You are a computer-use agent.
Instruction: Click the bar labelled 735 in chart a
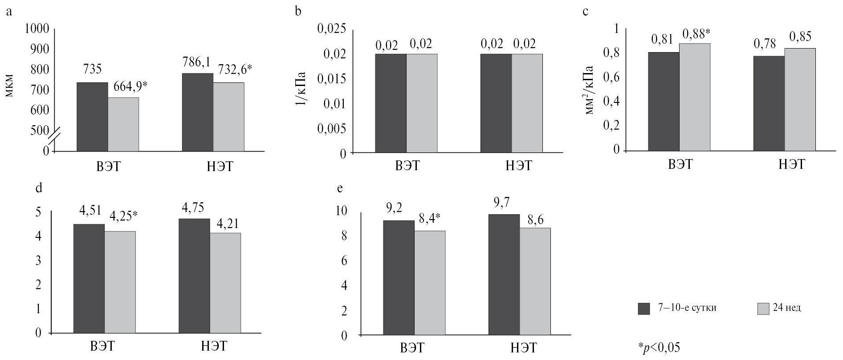point(92,117)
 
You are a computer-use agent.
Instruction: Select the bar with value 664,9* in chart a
point(123,124)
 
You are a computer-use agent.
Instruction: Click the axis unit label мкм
point(10,89)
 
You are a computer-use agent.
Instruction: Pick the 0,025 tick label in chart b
point(331,29)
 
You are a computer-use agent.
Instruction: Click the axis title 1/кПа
point(301,92)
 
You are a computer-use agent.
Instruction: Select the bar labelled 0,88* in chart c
point(695,97)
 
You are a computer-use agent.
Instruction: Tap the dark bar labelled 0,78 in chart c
point(769,103)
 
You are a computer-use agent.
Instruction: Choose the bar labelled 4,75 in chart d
point(194,276)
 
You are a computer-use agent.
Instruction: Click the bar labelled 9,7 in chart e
point(504,274)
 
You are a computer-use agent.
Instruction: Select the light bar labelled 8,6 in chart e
point(535,281)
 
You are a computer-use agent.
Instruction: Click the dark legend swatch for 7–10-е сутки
point(644,309)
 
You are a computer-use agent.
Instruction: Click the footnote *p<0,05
point(659,348)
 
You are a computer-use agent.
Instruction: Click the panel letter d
point(38,188)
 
